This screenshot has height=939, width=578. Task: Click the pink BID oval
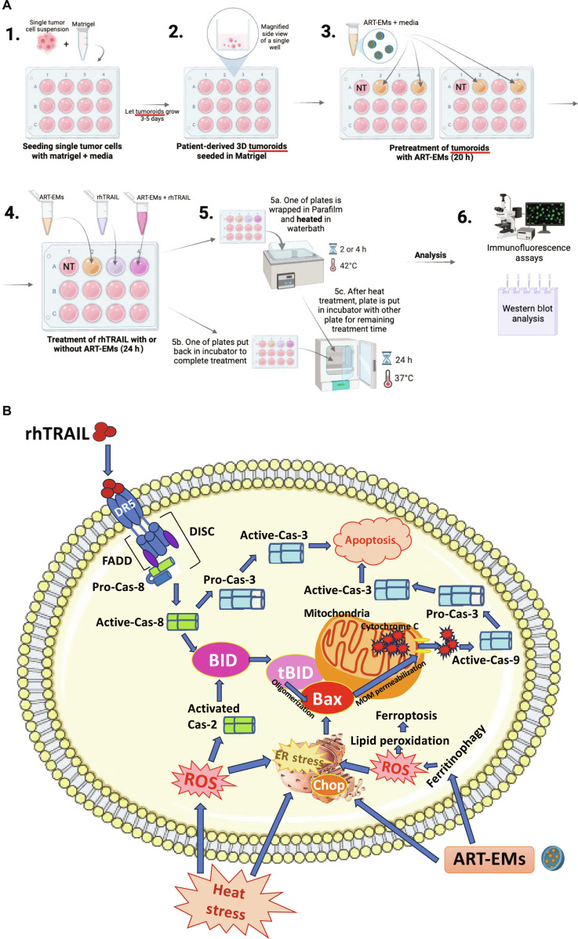pos(223,660)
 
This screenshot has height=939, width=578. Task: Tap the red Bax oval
pos(327,699)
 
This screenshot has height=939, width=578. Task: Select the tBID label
pos(296,672)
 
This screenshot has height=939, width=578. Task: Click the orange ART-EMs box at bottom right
pos(489,859)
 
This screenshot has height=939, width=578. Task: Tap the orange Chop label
pos(329,785)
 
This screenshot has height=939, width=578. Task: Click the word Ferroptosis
pos(406,715)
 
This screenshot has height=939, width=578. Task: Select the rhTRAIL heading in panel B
pos(57,433)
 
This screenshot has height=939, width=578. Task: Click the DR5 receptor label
pos(125,509)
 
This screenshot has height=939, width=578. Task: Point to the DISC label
pos(202,531)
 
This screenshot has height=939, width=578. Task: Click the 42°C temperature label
pos(348,265)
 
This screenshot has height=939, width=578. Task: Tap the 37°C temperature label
pos(404,378)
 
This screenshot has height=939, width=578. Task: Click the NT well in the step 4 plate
pos(69,266)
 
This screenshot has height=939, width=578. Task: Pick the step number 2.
pos(176,31)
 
